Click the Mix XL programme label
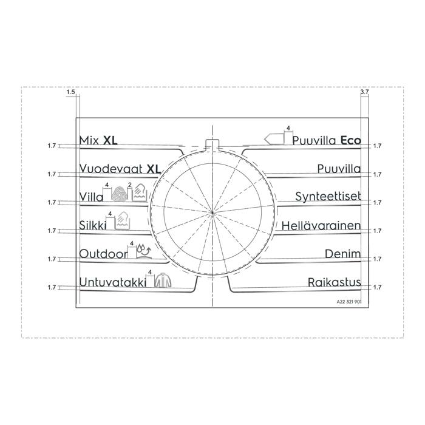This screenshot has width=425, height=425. point(98,140)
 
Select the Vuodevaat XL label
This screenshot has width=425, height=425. point(120,169)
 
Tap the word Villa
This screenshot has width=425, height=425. point(91,197)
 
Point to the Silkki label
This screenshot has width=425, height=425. point(92,225)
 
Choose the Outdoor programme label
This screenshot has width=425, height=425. point(103,254)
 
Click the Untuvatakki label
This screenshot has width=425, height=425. point(112,282)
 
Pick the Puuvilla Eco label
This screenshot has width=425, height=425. point(327,140)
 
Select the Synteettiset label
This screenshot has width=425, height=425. point(328,196)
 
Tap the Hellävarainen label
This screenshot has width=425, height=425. point(321,225)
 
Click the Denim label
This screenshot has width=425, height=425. point(343,254)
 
